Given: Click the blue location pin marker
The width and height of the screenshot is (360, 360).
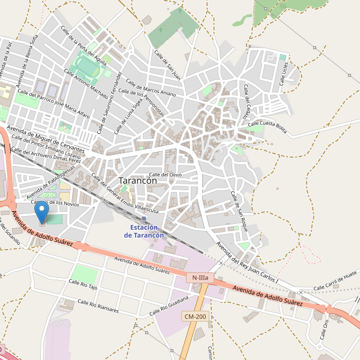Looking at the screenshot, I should (x=42, y=213).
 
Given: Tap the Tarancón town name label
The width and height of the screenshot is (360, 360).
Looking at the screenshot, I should (x=138, y=180).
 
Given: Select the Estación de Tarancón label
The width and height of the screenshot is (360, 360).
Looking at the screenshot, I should (x=144, y=232).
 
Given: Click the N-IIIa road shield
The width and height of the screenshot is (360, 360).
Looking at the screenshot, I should (x=200, y=278).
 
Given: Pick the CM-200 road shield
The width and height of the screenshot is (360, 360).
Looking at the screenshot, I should (x=196, y=316).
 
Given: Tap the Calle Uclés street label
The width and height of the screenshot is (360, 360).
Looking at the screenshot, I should (x=285, y=73).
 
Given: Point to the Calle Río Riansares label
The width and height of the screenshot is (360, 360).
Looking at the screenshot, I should (x=96, y=306).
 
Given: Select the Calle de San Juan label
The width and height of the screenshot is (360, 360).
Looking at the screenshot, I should (x=167, y=64).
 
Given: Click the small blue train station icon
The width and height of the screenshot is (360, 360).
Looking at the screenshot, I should (x=144, y=219).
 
